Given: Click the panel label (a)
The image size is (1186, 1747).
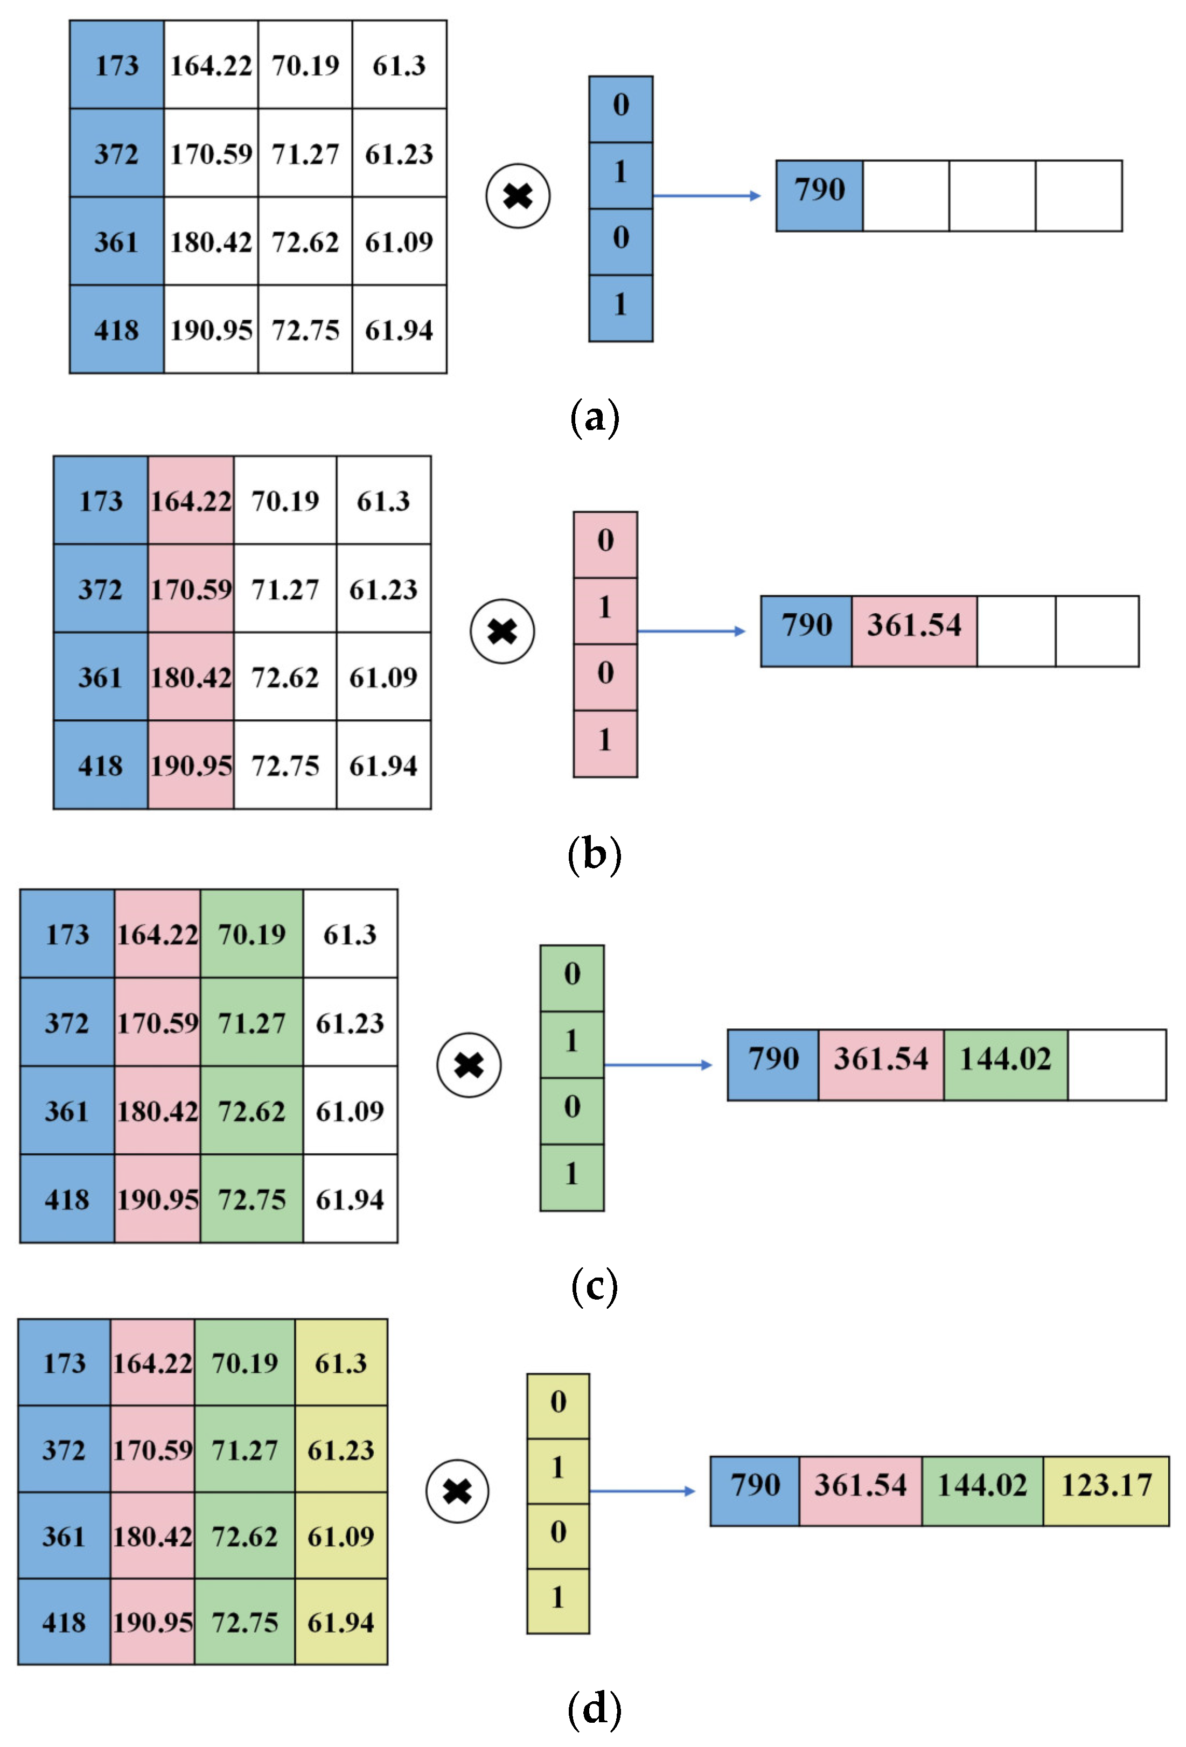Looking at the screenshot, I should coord(594,417).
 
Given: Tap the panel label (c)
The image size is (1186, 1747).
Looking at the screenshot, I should coord(594,1286).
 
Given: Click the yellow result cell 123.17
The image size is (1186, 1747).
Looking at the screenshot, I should coord(1106,1485).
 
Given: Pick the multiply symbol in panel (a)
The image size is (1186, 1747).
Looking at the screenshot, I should coord(518,196).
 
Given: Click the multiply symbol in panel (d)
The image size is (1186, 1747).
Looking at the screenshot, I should coord(457,1491).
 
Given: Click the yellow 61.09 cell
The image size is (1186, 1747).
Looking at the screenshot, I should coord(341,1536).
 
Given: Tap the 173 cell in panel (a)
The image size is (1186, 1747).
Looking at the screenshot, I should coord(116,65).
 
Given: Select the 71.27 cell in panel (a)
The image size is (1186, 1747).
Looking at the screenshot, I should coord(305,153).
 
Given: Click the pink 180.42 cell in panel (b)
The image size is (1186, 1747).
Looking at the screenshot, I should coord(191,677).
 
